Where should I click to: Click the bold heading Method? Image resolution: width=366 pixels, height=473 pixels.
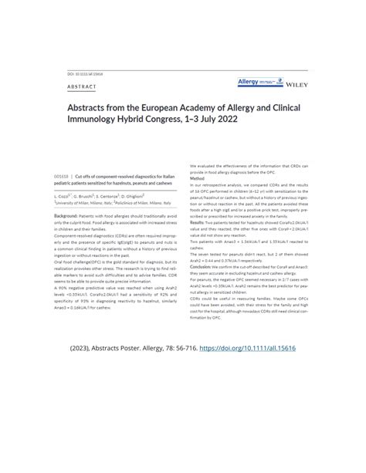pyautogui.click(x=199, y=177)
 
